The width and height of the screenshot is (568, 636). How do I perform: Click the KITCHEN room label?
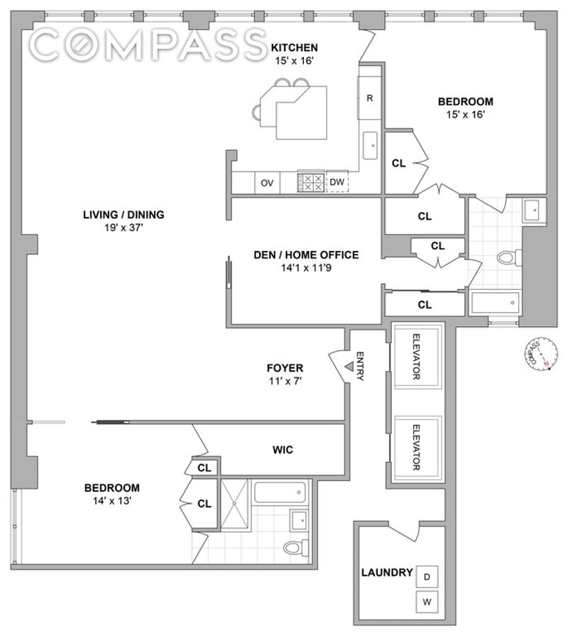294,48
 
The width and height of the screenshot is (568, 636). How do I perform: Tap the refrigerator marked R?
369,98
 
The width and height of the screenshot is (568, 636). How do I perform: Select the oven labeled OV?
267,183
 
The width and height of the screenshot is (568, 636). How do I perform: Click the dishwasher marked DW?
337,183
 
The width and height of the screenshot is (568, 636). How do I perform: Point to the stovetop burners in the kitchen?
310,182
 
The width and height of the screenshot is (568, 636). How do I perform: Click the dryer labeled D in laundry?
427,576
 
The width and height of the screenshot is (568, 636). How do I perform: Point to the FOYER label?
285,368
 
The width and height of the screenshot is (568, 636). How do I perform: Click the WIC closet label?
283,450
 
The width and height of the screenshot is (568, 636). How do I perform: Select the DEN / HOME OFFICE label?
306,255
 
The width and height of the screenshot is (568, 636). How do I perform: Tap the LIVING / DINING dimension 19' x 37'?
124,228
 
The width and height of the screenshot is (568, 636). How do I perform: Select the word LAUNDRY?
387,572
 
